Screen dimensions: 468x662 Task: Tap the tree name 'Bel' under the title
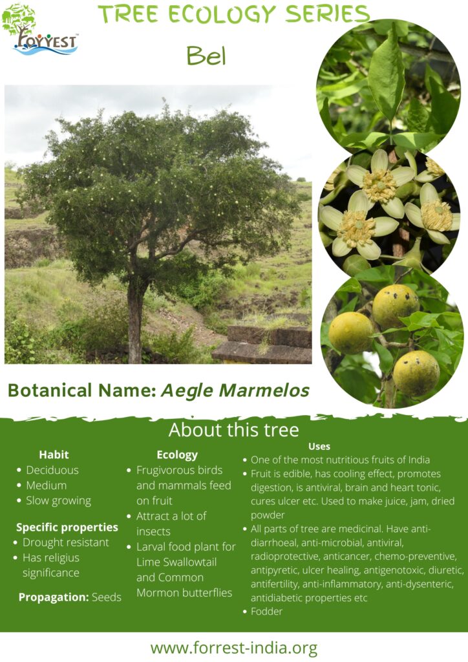coord(206,56)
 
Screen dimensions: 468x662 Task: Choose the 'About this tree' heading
coord(233,430)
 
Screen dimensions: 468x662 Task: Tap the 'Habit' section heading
coord(54,454)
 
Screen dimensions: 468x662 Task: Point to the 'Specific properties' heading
coord(67,528)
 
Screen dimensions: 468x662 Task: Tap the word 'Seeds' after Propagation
coord(107,597)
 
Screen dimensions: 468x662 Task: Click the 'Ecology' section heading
coord(177,455)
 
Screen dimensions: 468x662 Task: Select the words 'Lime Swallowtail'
coord(176,562)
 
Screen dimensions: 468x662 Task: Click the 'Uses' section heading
coord(319,446)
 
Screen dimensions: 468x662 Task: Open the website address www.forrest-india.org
coord(234,648)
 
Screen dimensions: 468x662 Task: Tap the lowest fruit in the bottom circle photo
coord(416,373)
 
